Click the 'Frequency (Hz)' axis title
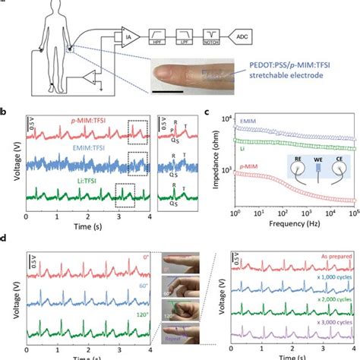[x=295, y=226]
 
